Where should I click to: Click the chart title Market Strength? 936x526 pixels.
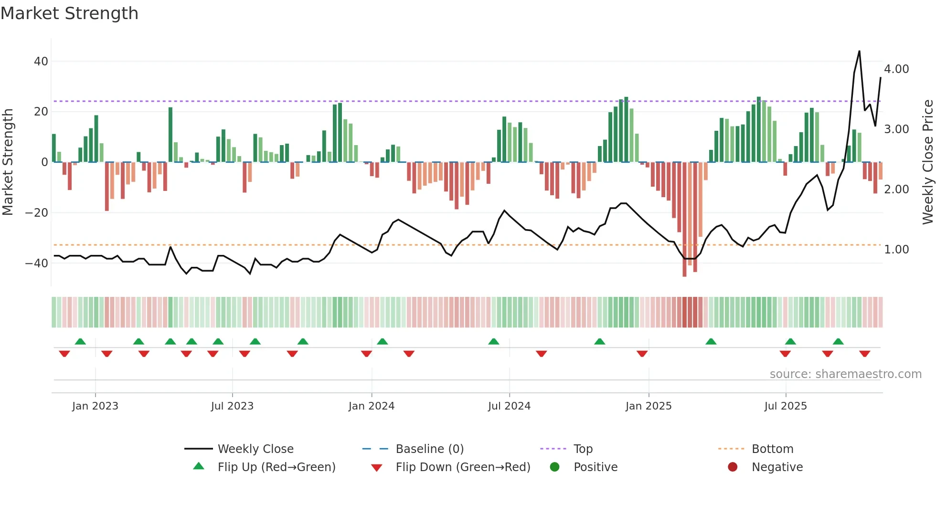[69, 13]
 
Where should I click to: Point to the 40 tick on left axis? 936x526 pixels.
[41, 62]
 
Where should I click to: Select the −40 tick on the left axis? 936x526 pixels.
[37, 263]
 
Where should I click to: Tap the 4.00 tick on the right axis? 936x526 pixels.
[896, 69]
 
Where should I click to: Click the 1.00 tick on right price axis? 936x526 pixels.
[896, 250]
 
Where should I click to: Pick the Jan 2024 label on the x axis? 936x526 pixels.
[371, 406]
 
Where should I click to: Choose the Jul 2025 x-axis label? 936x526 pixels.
[785, 406]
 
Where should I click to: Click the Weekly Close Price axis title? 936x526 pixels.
[927, 162]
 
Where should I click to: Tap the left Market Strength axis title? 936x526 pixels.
[8, 162]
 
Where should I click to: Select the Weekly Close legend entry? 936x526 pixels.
[255, 449]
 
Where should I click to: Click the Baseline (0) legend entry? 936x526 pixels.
[429, 449]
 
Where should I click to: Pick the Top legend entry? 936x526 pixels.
[583, 449]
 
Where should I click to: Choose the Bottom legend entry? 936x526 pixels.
[772, 449]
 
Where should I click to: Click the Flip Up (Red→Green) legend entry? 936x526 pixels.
[276, 467]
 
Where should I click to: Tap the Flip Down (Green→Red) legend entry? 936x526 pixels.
[462, 467]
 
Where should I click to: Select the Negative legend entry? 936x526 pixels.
[777, 467]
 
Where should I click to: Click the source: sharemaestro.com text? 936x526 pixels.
[845, 374]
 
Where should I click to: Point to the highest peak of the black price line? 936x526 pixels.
[859, 51]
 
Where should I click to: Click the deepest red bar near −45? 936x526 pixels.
[684, 220]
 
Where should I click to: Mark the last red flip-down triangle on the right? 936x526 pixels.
[864, 354]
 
